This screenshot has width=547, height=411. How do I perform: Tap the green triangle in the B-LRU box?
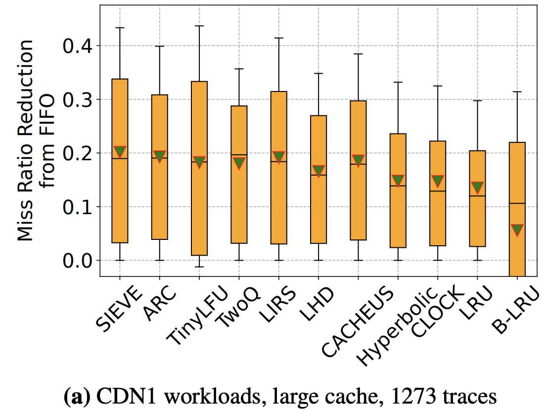[x=517, y=230]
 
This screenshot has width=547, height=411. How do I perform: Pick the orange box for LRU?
[x=477, y=218]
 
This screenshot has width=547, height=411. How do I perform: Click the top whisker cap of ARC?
[x=159, y=46]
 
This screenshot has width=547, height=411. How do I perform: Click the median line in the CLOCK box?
[x=438, y=191]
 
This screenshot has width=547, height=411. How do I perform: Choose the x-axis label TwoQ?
[x=239, y=311]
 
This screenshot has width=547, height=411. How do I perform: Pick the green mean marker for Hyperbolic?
[x=398, y=181]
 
